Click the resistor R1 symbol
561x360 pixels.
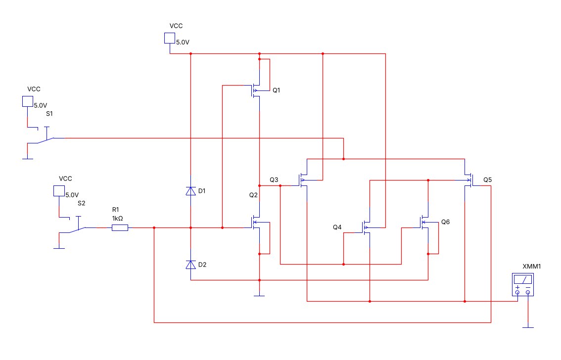pos(120,228)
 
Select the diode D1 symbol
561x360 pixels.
pos(190,191)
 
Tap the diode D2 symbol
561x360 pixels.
pos(190,265)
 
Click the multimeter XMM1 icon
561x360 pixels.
pos(523,284)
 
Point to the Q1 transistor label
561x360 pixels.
pos(276,90)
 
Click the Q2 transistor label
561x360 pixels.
pos(253,195)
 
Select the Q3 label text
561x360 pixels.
pos(274,180)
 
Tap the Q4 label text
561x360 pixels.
pos(337,227)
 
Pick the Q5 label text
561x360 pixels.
pos(488,180)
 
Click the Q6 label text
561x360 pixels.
pos(445,222)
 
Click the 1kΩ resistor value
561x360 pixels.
pos(117,219)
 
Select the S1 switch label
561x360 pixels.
pos(49,114)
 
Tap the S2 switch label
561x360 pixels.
pos(82,203)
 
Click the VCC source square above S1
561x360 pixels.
pos(28,101)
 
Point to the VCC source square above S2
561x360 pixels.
pos(59,191)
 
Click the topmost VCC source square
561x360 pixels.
pos(170,38)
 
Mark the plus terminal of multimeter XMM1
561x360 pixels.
pos(517,292)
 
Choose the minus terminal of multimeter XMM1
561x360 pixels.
pos(528,292)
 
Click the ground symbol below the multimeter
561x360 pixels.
pos(528,327)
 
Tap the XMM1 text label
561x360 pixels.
pos(532,267)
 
